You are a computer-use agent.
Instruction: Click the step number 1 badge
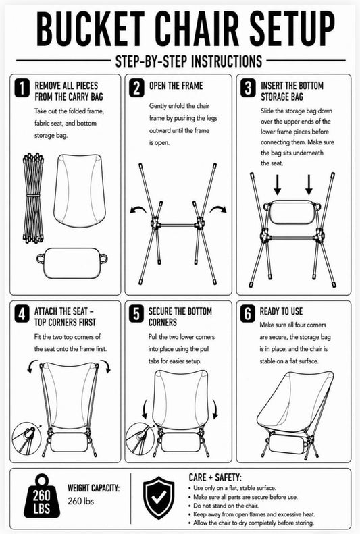click(22, 88)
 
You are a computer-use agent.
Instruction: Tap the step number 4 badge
click(22, 314)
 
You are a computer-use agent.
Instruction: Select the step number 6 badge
click(248, 314)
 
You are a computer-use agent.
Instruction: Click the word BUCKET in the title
click(91, 28)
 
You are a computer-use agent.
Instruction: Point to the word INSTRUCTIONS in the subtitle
click(226, 61)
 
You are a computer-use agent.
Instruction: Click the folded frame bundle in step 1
click(33, 198)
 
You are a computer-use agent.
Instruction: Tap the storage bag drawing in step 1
click(72, 263)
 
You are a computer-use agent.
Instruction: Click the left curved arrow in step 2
click(138, 209)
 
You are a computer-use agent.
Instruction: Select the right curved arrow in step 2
click(218, 209)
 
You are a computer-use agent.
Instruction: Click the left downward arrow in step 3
click(278, 185)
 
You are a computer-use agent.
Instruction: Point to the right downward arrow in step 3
click(309, 185)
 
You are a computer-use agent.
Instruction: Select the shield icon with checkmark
click(159, 498)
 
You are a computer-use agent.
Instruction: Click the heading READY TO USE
click(281, 311)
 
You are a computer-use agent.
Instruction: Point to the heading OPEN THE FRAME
click(176, 86)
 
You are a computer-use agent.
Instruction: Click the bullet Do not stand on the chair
click(224, 506)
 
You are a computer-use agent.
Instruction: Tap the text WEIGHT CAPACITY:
click(94, 488)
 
